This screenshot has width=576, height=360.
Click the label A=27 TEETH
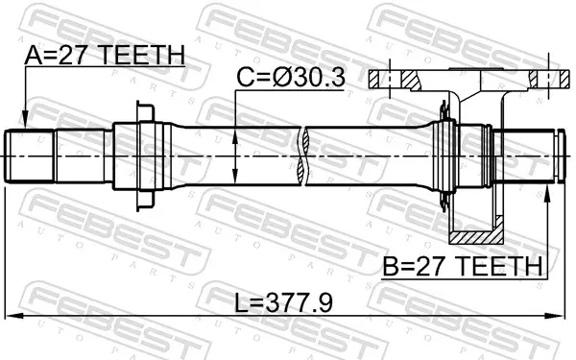click(105, 56)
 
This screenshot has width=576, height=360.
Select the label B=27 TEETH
click(463, 266)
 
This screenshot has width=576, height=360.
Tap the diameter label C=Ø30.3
click(291, 78)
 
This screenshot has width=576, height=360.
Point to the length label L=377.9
click(283, 303)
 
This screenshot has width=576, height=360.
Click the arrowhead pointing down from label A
click(25, 120)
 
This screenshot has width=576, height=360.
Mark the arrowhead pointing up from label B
click(547, 193)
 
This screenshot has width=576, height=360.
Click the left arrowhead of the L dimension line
click(14, 316)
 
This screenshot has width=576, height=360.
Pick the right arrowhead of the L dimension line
click(554, 316)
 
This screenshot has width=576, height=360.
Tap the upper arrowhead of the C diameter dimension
click(235, 135)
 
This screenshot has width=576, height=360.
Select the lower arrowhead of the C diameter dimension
click(235, 177)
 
